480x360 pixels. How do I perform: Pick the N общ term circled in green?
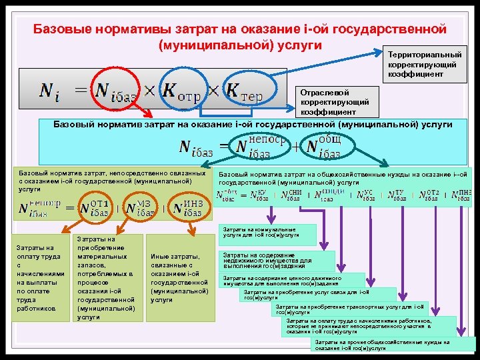(323, 147)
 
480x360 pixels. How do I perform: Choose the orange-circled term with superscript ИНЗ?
(187, 206)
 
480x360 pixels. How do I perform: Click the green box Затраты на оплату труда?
(40, 278)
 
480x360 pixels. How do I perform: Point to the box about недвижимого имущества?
(276, 260)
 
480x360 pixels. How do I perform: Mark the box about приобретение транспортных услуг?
(359, 309)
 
